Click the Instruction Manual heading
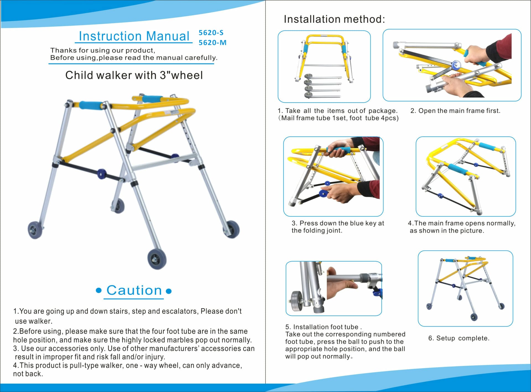pyautogui.click(x=134, y=36)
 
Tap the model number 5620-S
pyautogui.click(x=211, y=33)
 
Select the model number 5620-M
pyautogui.click(x=212, y=43)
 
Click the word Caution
pyautogui.click(x=134, y=290)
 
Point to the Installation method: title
pyautogui.click(x=334, y=19)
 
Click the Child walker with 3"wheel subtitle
pyautogui.click(x=134, y=75)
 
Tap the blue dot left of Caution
pyautogui.click(x=98, y=291)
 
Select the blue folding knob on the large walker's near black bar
pyautogui.click(x=101, y=174)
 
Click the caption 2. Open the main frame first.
pyautogui.click(x=455, y=111)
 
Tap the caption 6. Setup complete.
pyautogui.click(x=459, y=338)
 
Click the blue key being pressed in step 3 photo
pyautogui.click(x=322, y=193)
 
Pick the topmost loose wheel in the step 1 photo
pyautogui.click(x=308, y=76)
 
